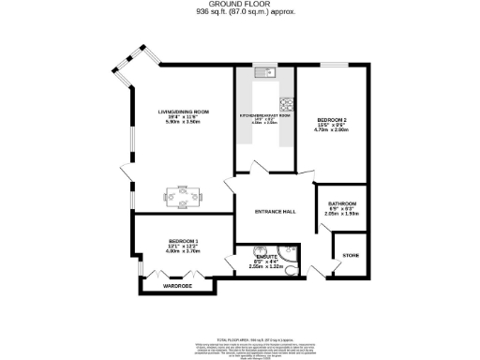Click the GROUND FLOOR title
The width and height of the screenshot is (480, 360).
(x=239, y=5)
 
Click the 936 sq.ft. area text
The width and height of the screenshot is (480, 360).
(x=239, y=13)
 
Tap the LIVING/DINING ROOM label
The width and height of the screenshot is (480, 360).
(x=182, y=111)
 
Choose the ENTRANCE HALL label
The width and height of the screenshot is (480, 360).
(x=276, y=211)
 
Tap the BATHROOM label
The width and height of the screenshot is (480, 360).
(x=340, y=203)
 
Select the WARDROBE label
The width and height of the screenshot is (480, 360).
(x=177, y=285)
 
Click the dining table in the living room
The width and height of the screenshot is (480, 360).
(x=181, y=197)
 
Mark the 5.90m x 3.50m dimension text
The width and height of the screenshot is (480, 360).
(x=182, y=122)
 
